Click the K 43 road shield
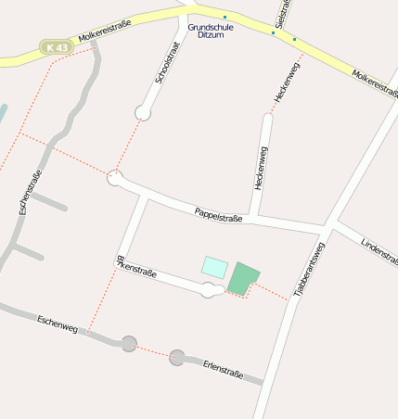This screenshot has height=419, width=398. click(x=54, y=46)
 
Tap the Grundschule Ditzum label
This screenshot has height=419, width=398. click(x=211, y=31)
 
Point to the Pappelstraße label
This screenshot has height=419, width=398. click(x=219, y=215)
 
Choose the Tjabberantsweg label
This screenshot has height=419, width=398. click(x=309, y=269)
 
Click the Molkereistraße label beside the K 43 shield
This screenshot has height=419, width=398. click(x=104, y=31)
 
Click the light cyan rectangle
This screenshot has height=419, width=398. click(x=214, y=267)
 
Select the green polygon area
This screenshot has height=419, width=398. click(x=243, y=278)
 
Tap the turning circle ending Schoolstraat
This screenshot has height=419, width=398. click(x=143, y=112)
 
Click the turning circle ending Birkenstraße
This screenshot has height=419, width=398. click(x=210, y=291)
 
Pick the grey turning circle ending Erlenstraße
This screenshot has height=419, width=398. click(x=177, y=357)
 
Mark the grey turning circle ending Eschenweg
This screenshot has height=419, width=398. click(x=129, y=344)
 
